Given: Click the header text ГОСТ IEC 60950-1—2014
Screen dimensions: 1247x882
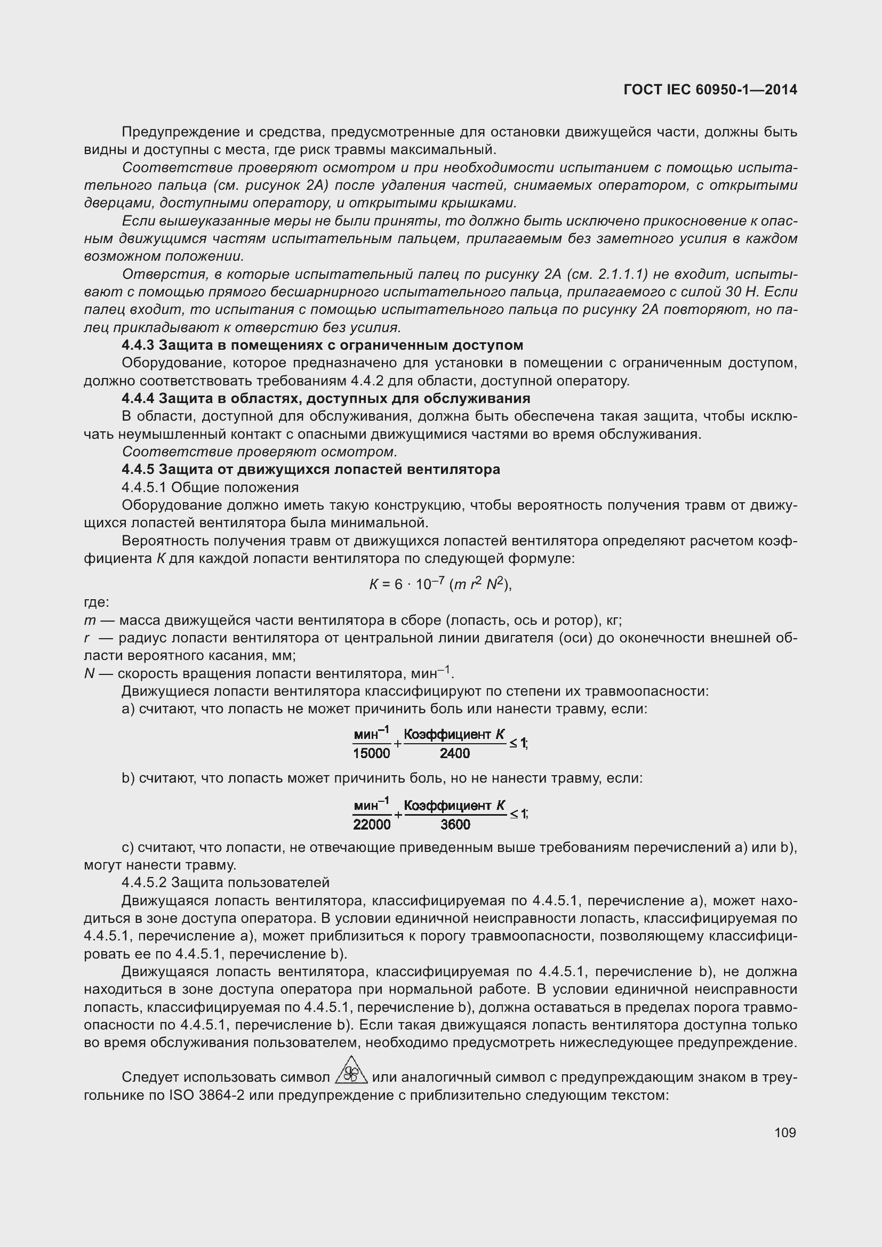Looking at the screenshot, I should pos(710,90).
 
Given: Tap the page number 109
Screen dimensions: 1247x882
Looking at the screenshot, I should pos(785,1132).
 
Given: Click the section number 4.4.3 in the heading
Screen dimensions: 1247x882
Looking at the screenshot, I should pos(138,345).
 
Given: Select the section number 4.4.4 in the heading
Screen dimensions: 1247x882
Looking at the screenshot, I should pos(138,399).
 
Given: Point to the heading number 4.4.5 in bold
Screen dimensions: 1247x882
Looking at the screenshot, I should pos(138,469).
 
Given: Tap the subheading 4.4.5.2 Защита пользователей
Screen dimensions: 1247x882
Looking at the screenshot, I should pos(226,882).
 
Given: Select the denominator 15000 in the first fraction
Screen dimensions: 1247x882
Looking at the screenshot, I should pos(372,753).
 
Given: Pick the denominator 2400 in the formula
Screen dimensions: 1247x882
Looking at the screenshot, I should pos(454,753).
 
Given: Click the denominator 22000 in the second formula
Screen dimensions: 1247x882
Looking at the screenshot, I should pos(372,824).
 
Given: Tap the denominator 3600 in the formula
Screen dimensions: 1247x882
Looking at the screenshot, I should pos(454,824).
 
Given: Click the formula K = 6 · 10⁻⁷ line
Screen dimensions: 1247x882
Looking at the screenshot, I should pos(440,584).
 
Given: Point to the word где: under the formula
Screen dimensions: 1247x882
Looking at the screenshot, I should pos(97,602).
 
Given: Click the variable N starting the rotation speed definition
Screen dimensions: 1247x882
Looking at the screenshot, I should pos(89,674).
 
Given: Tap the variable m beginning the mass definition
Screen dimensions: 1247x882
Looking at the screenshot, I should pos(90,621).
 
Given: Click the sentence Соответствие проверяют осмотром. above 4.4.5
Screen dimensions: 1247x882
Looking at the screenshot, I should pos(260,452).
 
